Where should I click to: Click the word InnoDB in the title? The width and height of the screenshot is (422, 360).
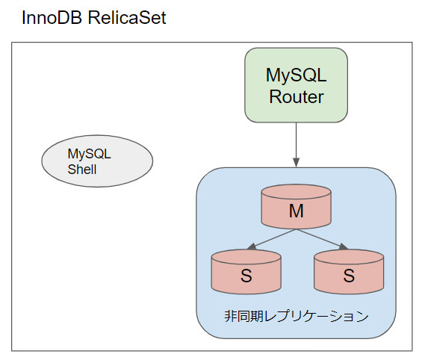coord(52,18)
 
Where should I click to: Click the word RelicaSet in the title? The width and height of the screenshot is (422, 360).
coord(127,18)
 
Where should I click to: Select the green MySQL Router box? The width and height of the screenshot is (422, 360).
coord(296,84)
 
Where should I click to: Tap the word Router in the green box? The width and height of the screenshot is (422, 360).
coord(297,97)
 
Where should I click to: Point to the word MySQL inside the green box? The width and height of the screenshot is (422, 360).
coord(297,75)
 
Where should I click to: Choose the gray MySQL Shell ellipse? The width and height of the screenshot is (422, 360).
coord(96,161)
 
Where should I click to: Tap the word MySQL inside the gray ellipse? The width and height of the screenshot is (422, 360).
coord(89,154)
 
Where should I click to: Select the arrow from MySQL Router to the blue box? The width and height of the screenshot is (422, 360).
coord(297,142)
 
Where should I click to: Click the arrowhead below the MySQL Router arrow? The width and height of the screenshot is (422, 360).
coord(297,162)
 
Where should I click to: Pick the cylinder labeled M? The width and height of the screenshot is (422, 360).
coord(297,207)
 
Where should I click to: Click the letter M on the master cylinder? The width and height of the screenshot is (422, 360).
coord(297,211)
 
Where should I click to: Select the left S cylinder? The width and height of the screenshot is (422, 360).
coord(246,270)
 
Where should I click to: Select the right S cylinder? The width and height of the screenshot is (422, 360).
coord(348,270)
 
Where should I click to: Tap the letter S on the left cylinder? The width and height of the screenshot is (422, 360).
coord(246,276)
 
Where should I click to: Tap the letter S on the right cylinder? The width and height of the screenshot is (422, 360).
coord(348,276)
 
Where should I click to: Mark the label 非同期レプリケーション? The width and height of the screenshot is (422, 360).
coord(296,316)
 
